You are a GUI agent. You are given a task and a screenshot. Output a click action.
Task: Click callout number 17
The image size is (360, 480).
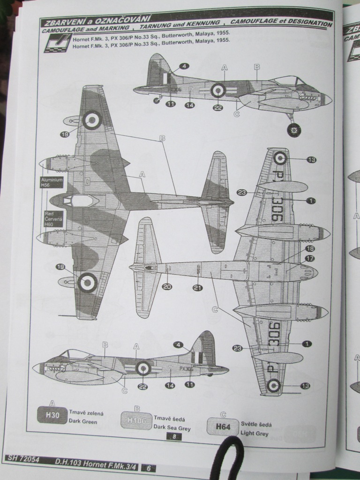coord(310,258)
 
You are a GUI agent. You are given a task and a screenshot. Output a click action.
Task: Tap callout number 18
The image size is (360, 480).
coord(310,248)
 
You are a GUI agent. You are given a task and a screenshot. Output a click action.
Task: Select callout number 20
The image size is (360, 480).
coord(167,287)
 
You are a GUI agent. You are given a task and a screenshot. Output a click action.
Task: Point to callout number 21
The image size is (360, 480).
coord(197,287)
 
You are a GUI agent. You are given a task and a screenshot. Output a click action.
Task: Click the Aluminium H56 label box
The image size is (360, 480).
coord(51,182)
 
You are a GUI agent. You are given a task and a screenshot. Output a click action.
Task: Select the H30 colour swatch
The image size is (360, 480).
coord(52,415)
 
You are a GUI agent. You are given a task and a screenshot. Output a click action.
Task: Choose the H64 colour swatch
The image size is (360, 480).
coord(222,427)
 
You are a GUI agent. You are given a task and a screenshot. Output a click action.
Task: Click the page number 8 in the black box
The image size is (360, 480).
coord(174,437)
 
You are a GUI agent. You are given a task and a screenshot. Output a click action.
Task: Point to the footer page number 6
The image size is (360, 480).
coord(148,467)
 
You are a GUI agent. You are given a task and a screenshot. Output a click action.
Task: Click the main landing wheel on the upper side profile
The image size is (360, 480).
coord(294,130)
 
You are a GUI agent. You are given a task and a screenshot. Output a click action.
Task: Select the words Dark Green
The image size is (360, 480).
coord(83,422)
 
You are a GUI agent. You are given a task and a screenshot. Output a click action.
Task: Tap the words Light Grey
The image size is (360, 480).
coord(255,434)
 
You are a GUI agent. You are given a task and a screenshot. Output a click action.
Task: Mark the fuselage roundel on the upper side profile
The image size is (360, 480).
coord(218,90)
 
